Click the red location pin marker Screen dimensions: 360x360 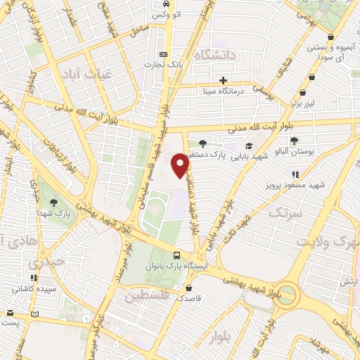(181, 165)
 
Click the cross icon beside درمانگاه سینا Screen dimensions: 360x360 (224, 80)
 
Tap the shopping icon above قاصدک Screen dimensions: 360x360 (187, 288)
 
